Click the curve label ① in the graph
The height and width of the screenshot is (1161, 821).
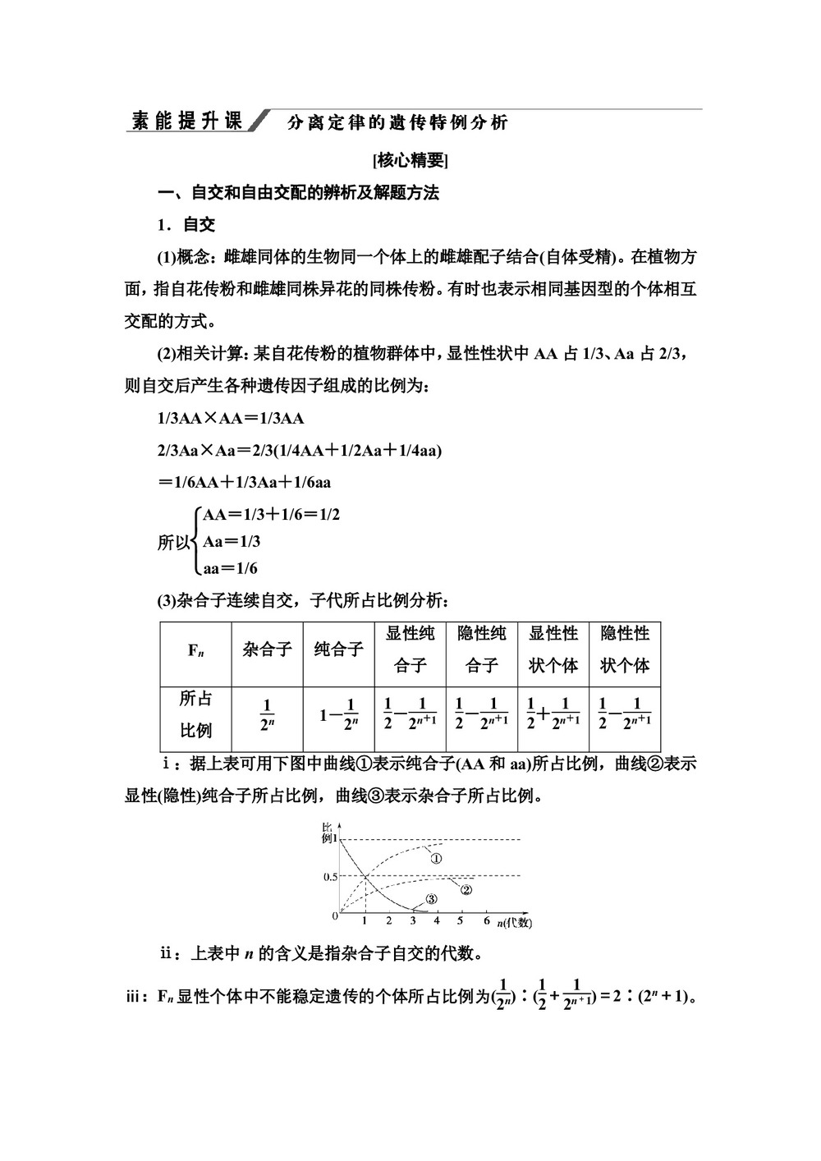click(x=436, y=859)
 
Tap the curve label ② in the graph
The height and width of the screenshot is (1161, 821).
click(x=466, y=889)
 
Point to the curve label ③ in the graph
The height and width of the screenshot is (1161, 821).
click(x=431, y=900)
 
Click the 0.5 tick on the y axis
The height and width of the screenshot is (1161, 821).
click(x=330, y=876)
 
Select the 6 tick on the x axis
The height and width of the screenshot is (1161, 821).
click(x=486, y=921)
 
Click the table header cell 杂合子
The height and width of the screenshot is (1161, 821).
click(x=267, y=649)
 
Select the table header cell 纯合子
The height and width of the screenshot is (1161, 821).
click(x=338, y=649)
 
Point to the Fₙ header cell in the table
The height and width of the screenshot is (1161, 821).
click(x=195, y=650)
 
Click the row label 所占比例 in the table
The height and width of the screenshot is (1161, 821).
click(x=195, y=714)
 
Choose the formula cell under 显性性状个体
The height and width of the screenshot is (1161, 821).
click(x=553, y=714)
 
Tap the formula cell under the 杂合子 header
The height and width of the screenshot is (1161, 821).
click(x=267, y=714)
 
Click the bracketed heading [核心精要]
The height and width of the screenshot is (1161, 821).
click(x=410, y=159)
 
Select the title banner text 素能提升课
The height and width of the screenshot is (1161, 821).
click(x=187, y=122)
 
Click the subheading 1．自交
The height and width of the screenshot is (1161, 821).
click(x=186, y=225)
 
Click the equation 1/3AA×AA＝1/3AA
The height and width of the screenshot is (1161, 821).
click(x=231, y=418)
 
